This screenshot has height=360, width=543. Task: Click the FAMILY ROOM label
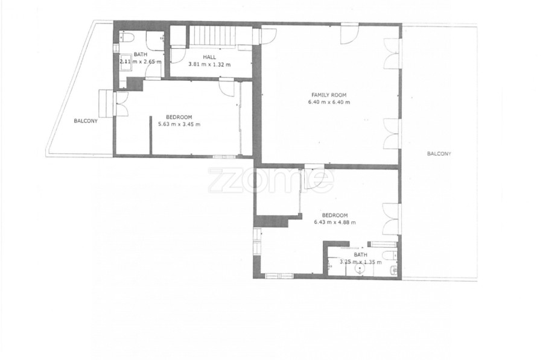[x=329, y=95]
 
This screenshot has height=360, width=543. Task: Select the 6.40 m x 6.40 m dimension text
[x=329, y=102]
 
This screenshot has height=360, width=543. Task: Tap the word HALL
[x=209, y=57]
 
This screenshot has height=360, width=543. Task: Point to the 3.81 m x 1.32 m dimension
[x=209, y=65]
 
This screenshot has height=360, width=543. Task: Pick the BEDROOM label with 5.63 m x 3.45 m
[x=179, y=117]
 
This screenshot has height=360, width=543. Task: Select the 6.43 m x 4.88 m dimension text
[x=334, y=223]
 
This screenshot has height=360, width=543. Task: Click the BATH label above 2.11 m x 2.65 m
[x=140, y=54]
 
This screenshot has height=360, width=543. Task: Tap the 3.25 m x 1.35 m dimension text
[x=361, y=262]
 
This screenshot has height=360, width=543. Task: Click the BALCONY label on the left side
[x=86, y=121]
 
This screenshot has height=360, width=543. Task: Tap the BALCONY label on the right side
[x=439, y=154]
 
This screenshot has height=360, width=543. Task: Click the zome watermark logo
[x=271, y=180]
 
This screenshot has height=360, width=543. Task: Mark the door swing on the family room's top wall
[x=350, y=34]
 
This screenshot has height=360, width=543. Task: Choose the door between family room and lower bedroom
[x=314, y=178]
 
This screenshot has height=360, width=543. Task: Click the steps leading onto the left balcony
[x=106, y=103]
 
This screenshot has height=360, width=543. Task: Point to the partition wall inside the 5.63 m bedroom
[x=151, y=134]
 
